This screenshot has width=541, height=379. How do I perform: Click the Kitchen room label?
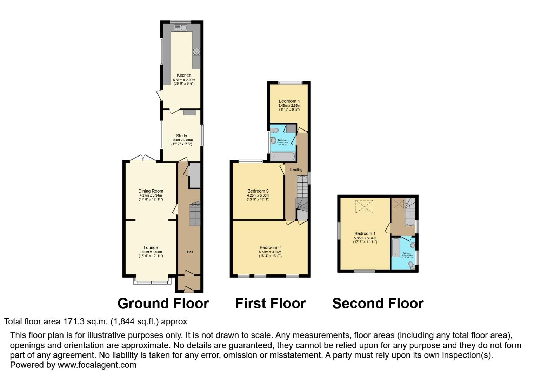(184, 75)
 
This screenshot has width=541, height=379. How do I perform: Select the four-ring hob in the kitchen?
(196, 52)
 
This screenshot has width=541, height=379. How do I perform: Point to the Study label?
(181, 136)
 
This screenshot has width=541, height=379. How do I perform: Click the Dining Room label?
(151, 191)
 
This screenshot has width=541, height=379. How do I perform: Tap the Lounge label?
(151, 248)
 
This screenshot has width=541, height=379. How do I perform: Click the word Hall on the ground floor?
(190, 252)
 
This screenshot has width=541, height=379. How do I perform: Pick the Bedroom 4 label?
(289, 101)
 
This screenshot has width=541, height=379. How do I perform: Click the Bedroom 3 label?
(258, 191)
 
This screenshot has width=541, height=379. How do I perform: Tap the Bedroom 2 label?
(270, 248)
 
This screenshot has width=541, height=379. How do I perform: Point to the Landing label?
(296, 170)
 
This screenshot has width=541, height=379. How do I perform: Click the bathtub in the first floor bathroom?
(283, 157)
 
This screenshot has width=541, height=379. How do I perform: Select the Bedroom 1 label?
(365, 234)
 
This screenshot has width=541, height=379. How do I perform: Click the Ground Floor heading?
(163, 304)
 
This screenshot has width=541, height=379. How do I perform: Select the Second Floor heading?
(378, 304)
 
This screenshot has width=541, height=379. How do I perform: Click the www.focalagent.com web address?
(97, 365)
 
